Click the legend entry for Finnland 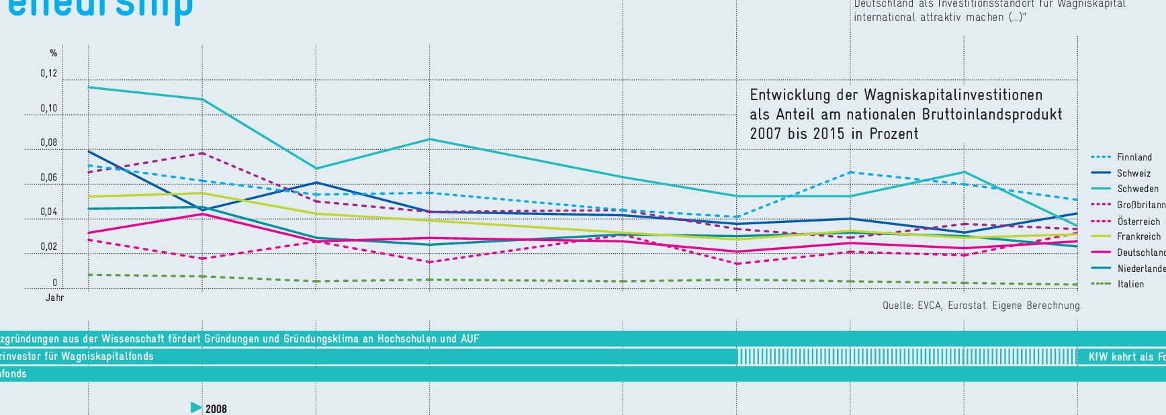1134,157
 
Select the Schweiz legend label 1133,173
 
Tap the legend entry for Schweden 1137,189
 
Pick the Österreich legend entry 1138,222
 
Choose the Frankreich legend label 1138,236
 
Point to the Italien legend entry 1130,284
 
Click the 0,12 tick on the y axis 48,74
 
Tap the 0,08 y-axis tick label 48,143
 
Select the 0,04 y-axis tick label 48,212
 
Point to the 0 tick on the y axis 55,283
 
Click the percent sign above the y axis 54,53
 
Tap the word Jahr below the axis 54,297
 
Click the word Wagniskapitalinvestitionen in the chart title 953,95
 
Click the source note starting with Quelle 982,306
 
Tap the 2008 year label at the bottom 216,409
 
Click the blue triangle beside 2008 196,408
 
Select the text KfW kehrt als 1125,357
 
